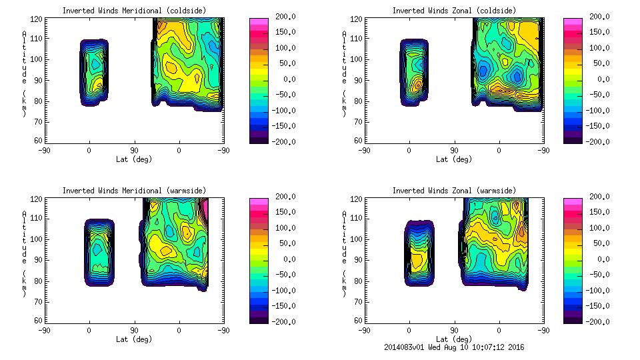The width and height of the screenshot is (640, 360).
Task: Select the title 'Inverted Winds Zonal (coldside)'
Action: coord(453,10)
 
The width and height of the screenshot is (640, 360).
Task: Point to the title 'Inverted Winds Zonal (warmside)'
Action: coord(453,190)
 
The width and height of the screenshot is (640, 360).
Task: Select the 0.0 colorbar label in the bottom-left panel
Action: coord(289,259)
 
